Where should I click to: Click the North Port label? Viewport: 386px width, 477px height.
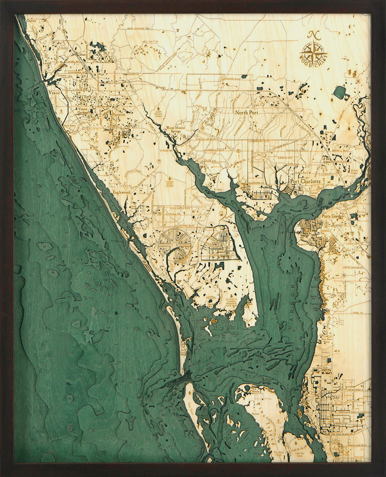coord(246,112)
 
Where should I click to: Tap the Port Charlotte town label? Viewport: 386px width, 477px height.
coord(306,181)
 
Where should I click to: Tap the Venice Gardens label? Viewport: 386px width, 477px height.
coord(82,111)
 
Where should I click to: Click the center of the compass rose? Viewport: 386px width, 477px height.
coord(313,52)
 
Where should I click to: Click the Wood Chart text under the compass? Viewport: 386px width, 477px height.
coord(313,66)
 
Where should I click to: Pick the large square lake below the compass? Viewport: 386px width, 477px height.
coord(340,92)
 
